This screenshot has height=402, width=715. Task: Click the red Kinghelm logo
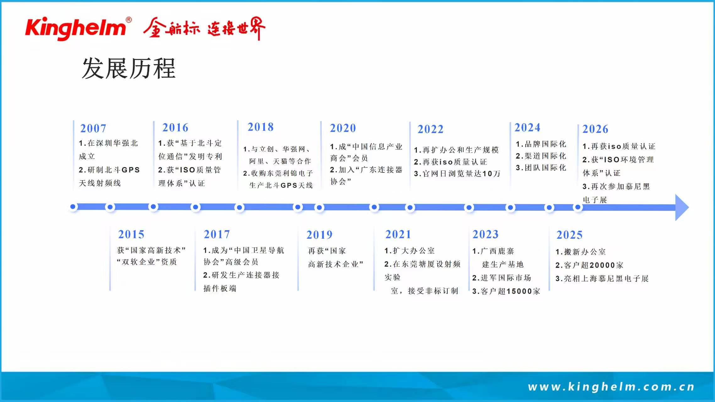pos(75,28)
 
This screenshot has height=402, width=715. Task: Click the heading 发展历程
pos(128,68)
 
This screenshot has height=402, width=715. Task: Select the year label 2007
pos(93,128)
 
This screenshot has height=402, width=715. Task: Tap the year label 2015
pos(131,234)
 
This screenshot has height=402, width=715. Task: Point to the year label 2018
pos(260,127)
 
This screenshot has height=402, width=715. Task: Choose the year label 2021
pos(398,234)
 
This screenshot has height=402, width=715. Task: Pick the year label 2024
pos(527,128)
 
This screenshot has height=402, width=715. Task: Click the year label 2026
pos(595,129)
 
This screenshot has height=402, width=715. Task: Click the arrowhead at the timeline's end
pos(682,207)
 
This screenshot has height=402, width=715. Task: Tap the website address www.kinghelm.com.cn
pos(611,387)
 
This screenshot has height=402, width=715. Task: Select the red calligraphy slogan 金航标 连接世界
pos(205,28)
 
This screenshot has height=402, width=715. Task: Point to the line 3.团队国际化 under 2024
pos(541,168)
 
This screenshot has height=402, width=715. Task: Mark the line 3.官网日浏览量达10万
pos(457,174)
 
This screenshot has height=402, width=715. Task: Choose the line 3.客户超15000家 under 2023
pos(506,291)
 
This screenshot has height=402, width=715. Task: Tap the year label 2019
pos(319,235)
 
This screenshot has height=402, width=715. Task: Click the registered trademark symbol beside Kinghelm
pos(129,20)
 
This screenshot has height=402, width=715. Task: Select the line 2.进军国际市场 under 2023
pos(502,278)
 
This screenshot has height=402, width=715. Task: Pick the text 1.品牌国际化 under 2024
pos(541,144)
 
